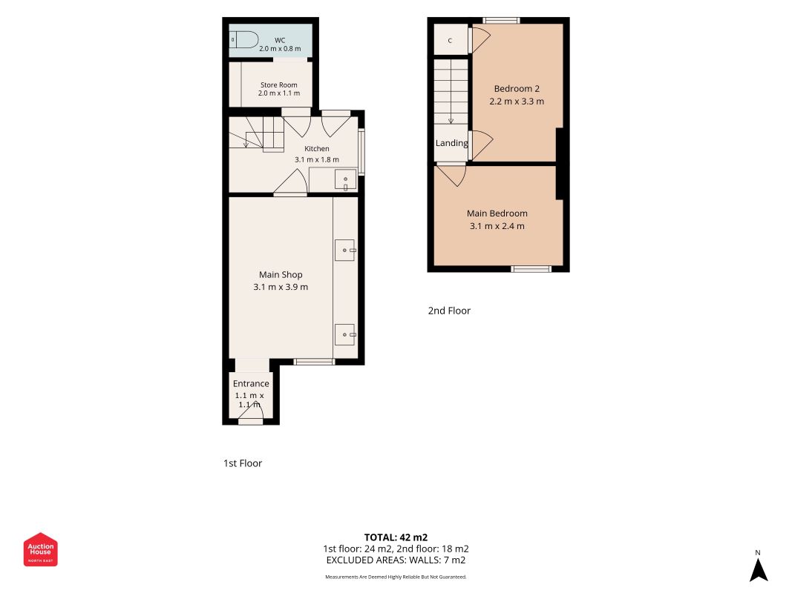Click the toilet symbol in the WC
pos(244,39)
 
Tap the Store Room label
pos(279,85)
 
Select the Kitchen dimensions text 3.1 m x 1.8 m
pos(317,159)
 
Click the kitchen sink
pos(345,179)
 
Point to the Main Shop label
pos(281,274)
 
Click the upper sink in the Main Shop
pos(345,250)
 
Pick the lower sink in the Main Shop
pos(345,334)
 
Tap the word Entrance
pos(251,383)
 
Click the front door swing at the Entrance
pos(251,412)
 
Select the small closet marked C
pos(451,40)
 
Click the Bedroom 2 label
pos(516,88)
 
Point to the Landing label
pos(451,143)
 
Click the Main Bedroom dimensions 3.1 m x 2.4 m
pos(497,226)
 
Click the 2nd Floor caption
pos(449,311)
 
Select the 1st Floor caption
pos(243,463)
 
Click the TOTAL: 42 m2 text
pos(396,537)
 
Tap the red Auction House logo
pos(40,549)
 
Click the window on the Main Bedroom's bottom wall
pos(531,269)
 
